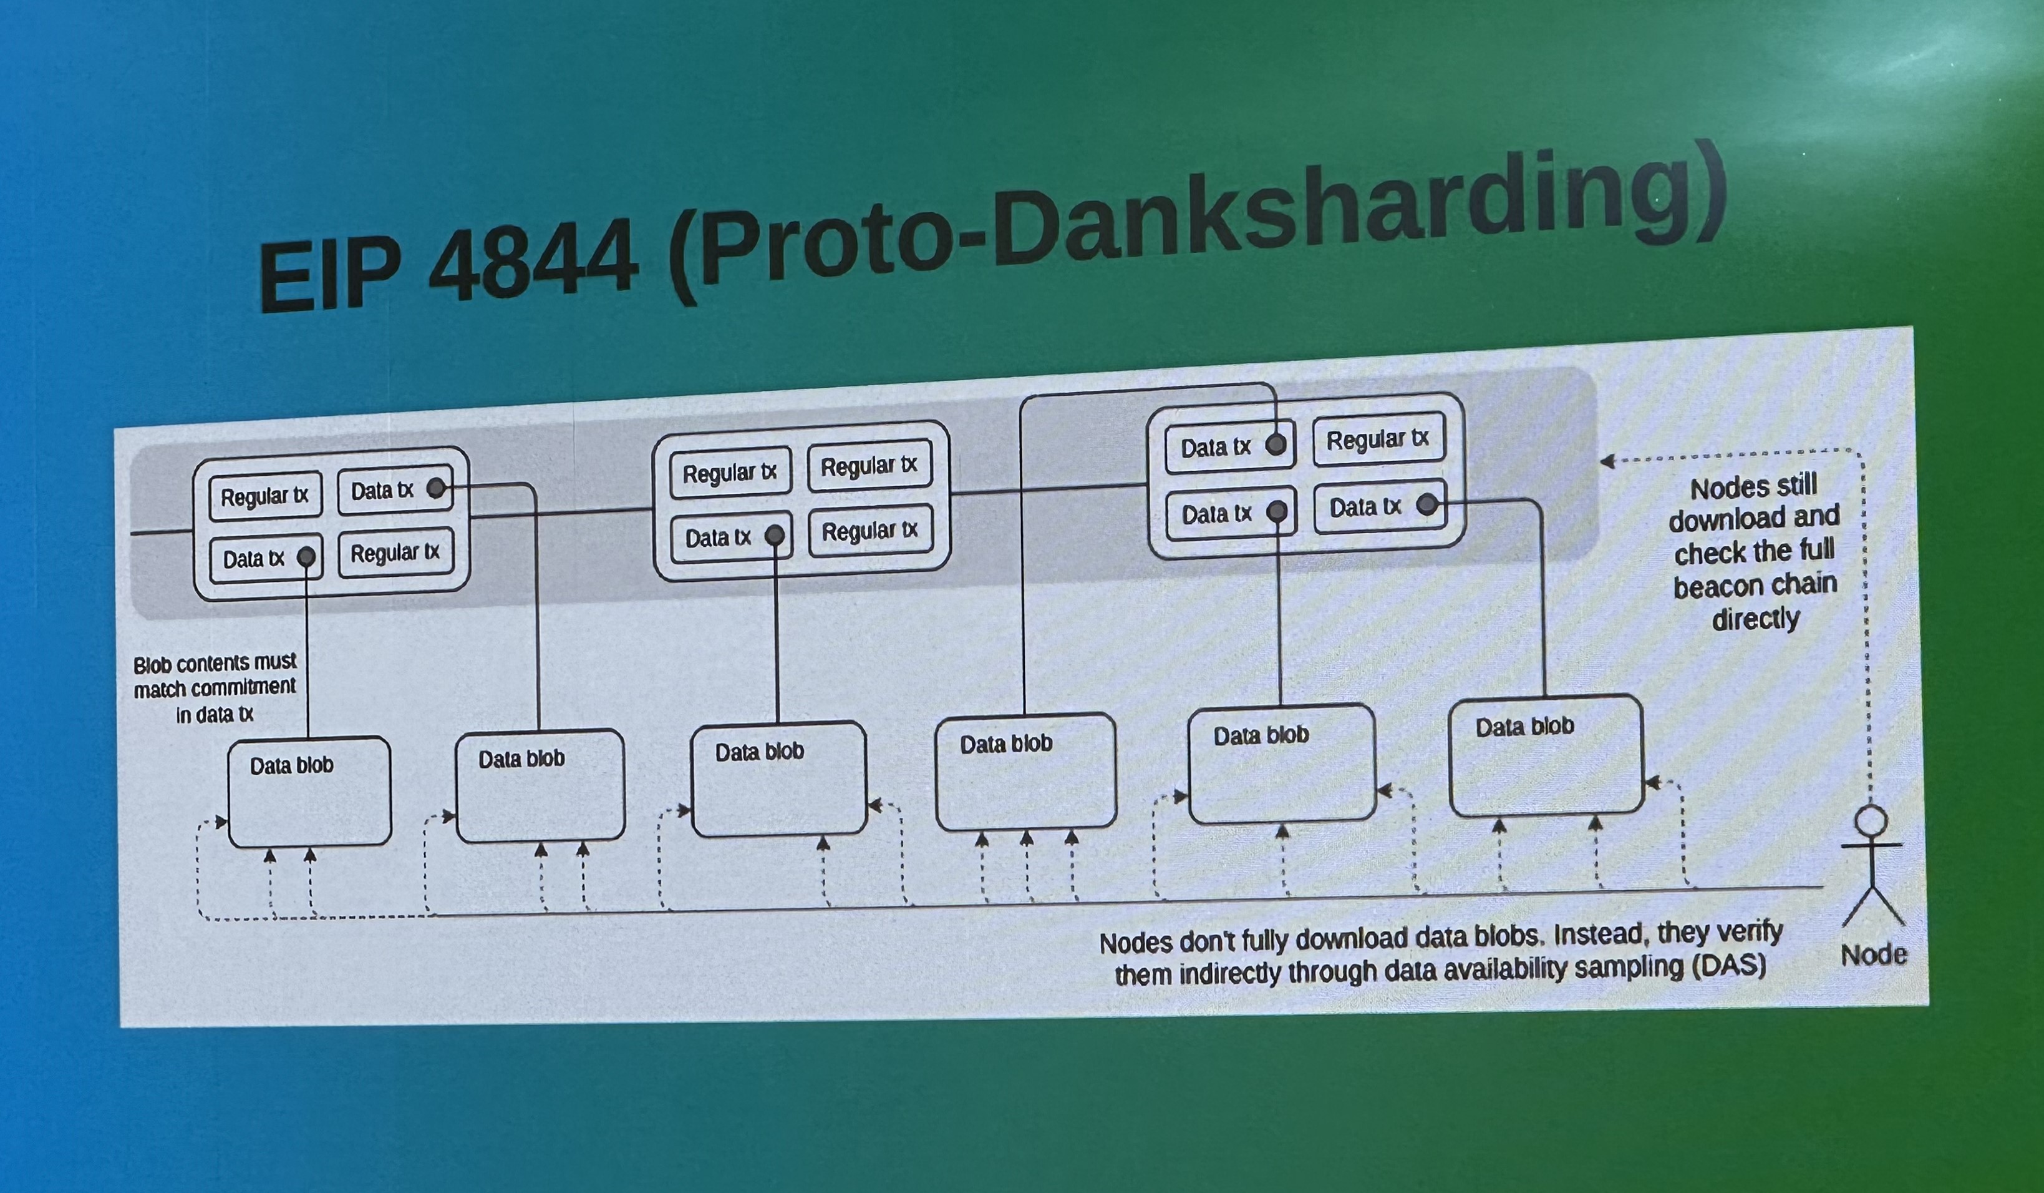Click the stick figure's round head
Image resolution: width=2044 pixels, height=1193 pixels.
[1871, 820]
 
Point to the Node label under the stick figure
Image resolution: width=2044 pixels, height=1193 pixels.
[1873, 954]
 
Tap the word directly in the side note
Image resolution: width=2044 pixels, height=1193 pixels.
[1755, 619]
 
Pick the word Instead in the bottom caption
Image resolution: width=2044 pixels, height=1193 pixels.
[1599, 934]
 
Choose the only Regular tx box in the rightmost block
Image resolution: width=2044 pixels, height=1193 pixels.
[1378, 439]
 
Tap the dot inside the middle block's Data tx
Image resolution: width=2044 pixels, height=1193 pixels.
[775, 535]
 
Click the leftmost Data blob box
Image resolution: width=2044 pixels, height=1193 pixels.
[309, 792]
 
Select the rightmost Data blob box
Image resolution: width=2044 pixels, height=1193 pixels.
[1546, 755]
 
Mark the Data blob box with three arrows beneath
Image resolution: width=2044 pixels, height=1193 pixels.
[1026, 772]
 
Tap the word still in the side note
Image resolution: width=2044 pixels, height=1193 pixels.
[1795, 484]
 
